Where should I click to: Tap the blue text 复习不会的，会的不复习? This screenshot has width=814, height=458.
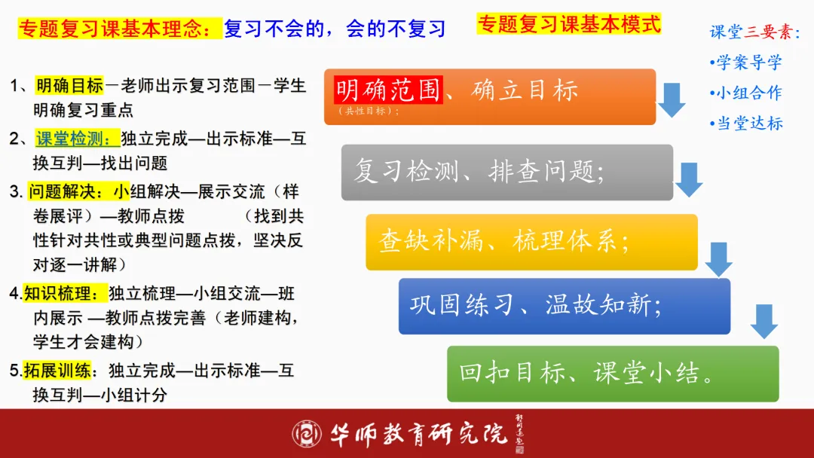pyautogui.click(x=335, y=29)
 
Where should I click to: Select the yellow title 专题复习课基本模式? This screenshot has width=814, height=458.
pyautogui.click(x=569, y=24)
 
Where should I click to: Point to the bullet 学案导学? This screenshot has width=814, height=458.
pyautogui.click(x=747, y=63)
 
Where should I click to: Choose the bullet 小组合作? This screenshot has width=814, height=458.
pyautogui.click(x=747, y=93)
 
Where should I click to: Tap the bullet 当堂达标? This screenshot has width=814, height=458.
pyautogui.click(x=747, y=123)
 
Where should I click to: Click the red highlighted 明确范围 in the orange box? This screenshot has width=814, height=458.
pyautogui.click(x=387, y=90)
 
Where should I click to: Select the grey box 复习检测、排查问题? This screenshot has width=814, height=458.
pyautogui.click(x=506, y=173)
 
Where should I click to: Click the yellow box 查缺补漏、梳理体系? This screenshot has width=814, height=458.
pyautogui.click(x=531, y=242)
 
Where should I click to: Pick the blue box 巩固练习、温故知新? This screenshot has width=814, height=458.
pyautogui.click(x=564, y=306)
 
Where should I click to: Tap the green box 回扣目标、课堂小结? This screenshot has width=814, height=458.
pyautogui.click(x=612, y=374)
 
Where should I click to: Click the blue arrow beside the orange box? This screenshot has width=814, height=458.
pyautogui.click(x=671, y=99)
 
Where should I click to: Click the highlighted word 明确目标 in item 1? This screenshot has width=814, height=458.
pyautogui.click(x=69, y=86)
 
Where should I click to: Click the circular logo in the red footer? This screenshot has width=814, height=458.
pyautogui.click(x=307, y=434)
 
